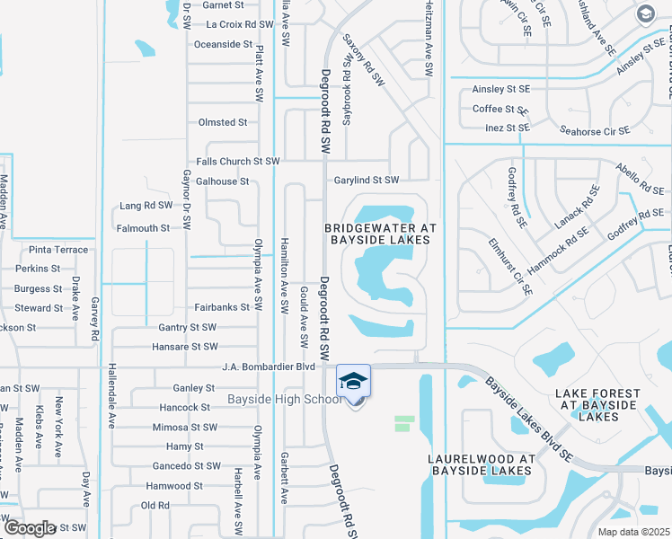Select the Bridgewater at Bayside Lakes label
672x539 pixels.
[380, 234]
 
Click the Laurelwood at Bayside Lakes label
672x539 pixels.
[482, 464]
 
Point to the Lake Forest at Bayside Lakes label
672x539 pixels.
[597, 405]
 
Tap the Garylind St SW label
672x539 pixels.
[367, 181]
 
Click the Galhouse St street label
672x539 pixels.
[222, 181]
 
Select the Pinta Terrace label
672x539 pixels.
[58, 250]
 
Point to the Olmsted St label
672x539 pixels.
[222, 122]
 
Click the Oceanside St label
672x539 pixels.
[224, 44]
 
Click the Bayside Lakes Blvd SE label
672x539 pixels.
[529, 420]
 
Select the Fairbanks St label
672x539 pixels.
[221, 307]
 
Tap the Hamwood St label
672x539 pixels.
[174, 486]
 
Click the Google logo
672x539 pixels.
[30, 527]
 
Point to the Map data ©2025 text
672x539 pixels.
[633, 532]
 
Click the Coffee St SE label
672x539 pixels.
[500, 110]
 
